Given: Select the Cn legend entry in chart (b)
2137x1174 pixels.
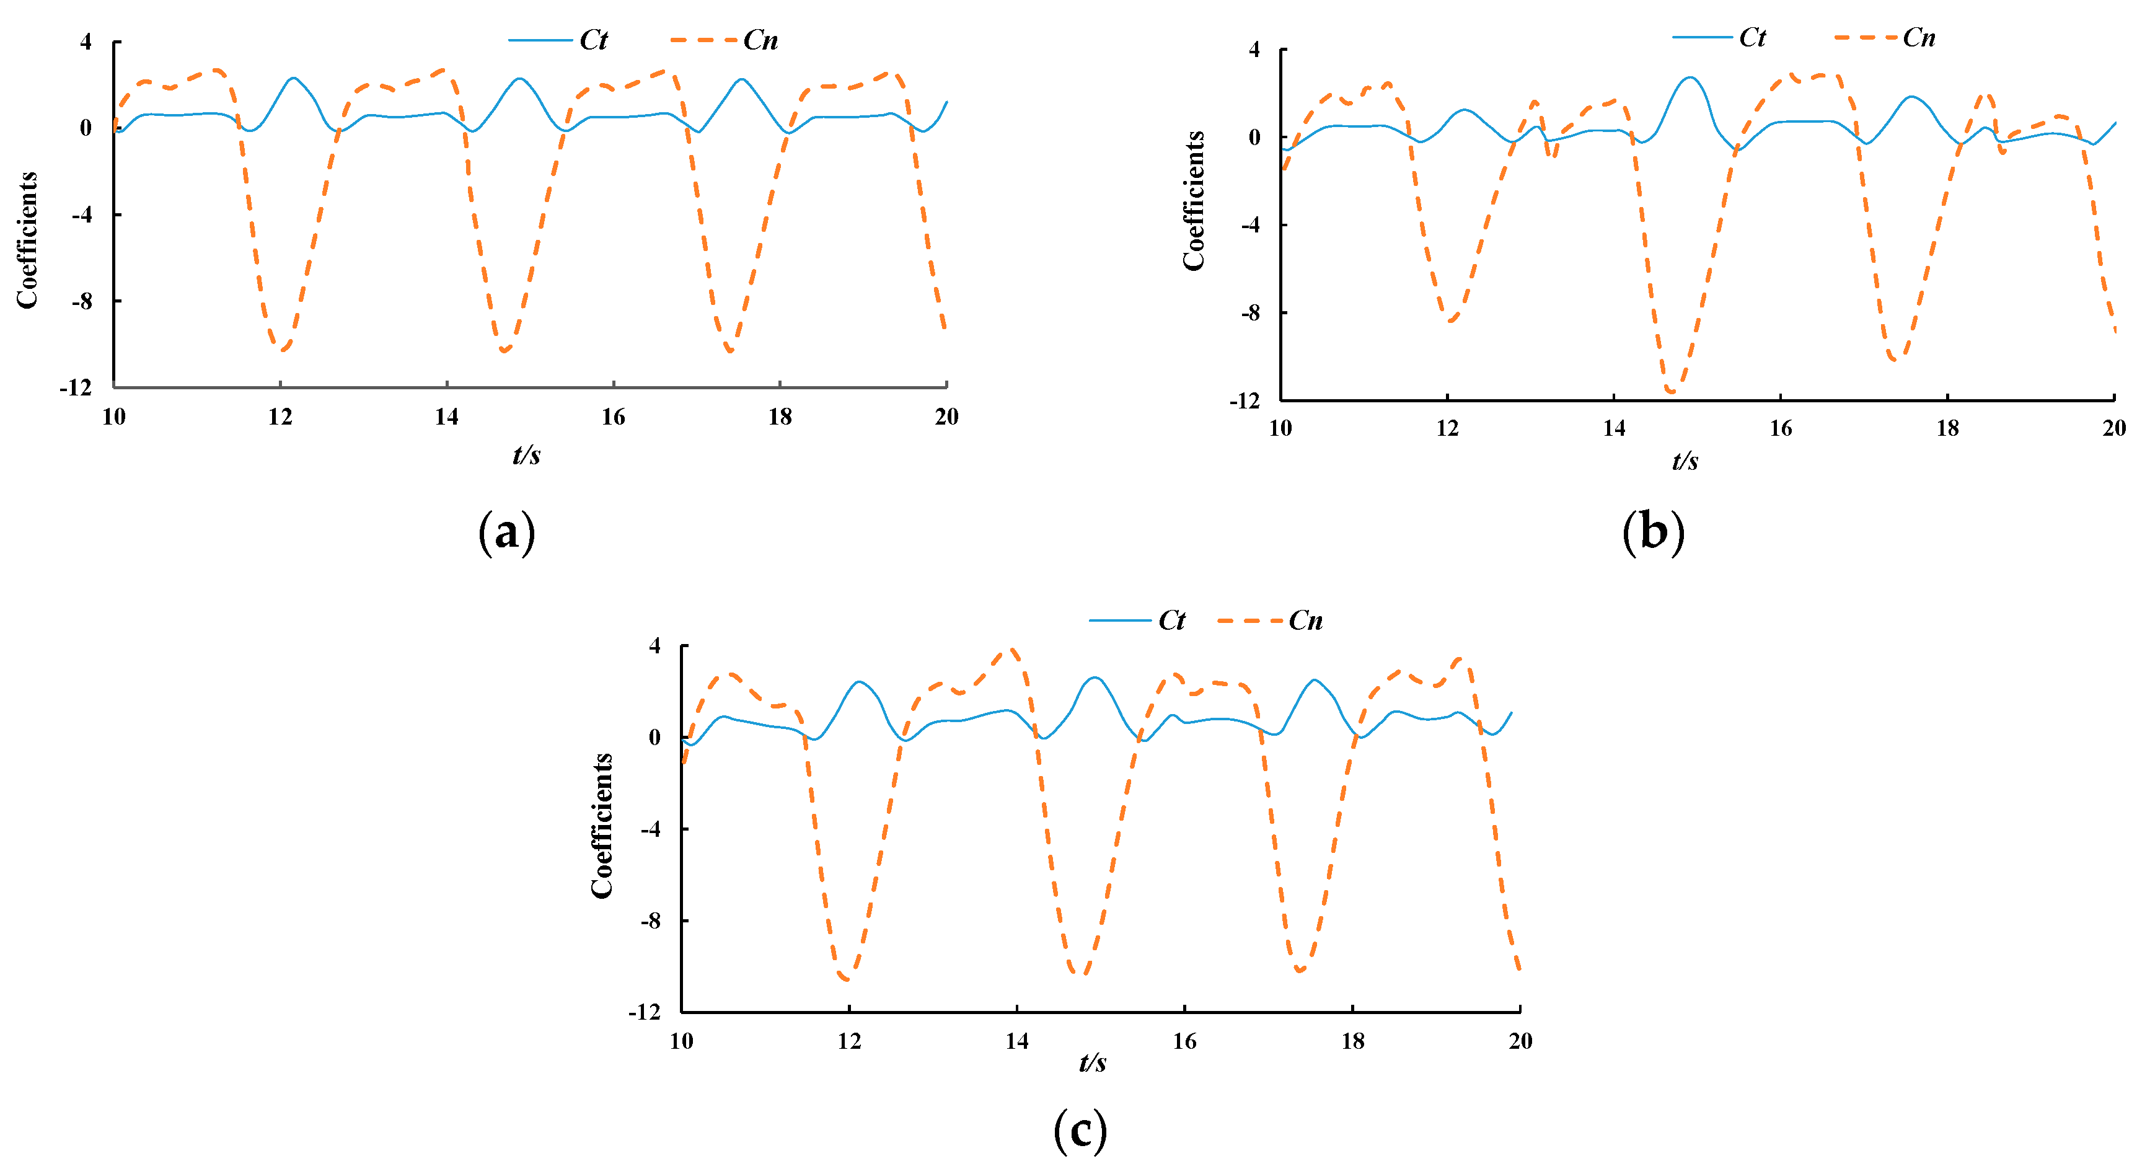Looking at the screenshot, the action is (1884, 37).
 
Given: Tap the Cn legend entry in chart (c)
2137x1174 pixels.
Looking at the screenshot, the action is (1270, 620).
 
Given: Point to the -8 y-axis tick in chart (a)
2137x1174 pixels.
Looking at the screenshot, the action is (82, 301).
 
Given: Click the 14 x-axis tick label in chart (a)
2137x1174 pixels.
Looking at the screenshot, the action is (446, 417).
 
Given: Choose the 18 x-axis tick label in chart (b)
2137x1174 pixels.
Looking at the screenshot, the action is (1947, 428).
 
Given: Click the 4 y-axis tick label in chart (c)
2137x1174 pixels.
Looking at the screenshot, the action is (654, 645).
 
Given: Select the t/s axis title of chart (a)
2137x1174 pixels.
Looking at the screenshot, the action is (526, 455).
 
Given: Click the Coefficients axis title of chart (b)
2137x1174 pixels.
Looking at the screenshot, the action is (1194, 201).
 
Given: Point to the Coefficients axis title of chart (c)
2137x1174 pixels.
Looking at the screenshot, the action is (601, 826).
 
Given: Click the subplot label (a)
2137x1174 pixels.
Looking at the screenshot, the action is (507, 532).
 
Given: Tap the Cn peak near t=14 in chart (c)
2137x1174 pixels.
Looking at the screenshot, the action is (1011, 650).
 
